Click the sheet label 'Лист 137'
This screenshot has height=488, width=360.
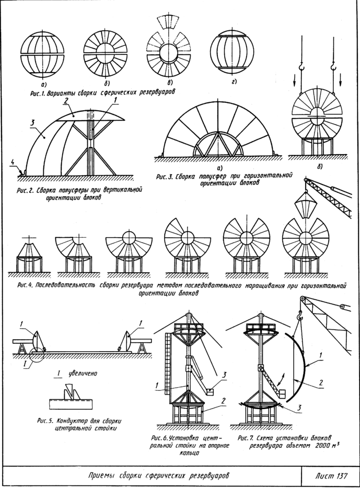coord(332,476)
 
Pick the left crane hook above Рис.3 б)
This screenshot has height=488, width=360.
coord(301,67)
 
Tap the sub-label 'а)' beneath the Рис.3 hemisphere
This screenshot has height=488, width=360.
coord(212,167)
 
